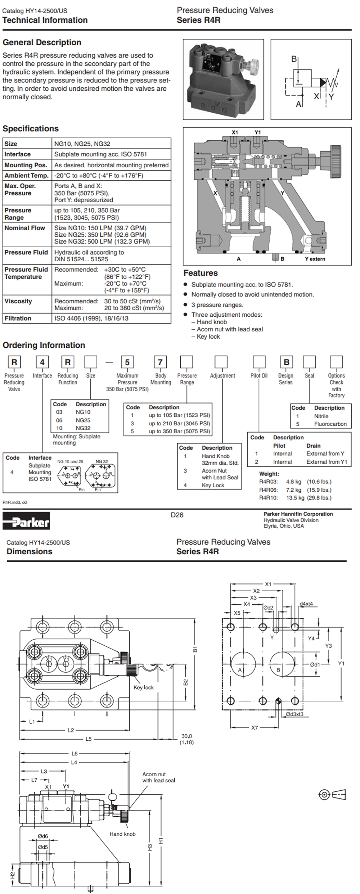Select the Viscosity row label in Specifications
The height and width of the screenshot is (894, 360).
18,301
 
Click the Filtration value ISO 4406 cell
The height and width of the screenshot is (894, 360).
91,318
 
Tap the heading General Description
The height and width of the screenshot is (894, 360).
42,42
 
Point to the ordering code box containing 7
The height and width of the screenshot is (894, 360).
160,362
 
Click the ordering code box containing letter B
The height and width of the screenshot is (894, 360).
287,362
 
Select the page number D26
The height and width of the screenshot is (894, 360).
177,515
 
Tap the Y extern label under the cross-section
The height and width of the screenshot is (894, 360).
315,259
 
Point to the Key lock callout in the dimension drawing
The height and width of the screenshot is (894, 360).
144,687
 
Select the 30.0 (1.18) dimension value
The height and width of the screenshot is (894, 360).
186,739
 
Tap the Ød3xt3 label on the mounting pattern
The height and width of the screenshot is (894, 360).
294,714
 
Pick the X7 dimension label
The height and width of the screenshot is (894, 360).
255,727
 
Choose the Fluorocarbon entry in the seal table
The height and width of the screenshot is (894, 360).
330,424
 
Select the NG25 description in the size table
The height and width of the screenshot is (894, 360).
83,420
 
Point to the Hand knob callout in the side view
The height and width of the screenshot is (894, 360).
122,834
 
